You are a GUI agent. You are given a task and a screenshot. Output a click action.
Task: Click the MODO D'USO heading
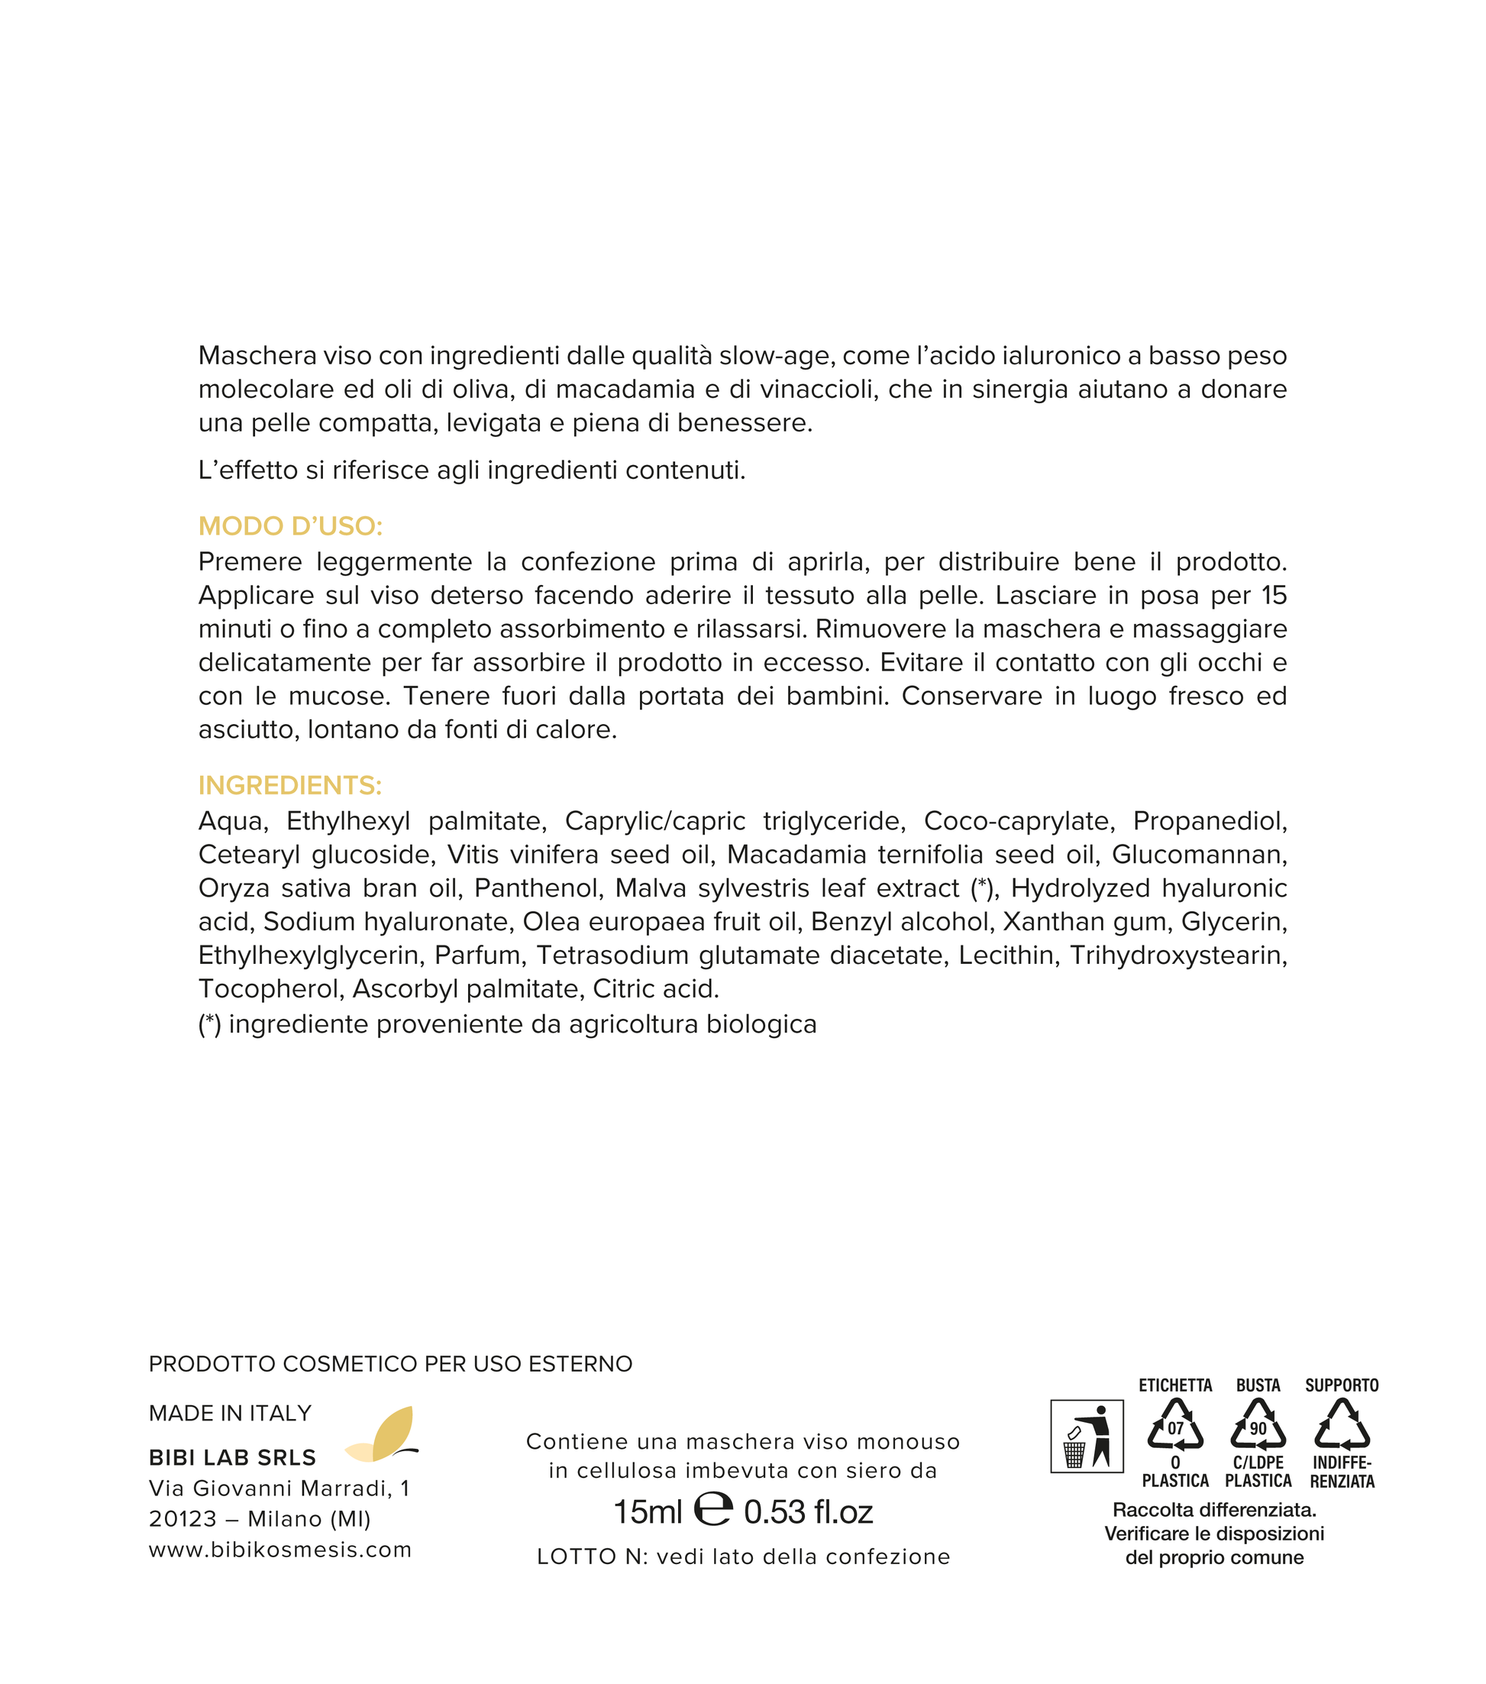[x=290, y=525]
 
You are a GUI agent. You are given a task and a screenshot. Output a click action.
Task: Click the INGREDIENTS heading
[x=290, y=785]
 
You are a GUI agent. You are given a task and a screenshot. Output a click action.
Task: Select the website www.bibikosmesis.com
[x=280, y=1550]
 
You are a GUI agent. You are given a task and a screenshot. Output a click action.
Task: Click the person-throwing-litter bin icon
[x=1087, y=1436]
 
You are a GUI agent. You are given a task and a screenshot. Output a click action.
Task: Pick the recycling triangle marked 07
[x=1175, y=1426]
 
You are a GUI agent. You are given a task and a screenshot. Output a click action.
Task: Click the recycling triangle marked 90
[x=1258, y=1426]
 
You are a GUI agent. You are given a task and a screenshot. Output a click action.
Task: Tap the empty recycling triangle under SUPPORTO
[x=1342, y=1426]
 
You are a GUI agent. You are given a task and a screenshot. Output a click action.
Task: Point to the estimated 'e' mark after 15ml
[x=712, y=1510]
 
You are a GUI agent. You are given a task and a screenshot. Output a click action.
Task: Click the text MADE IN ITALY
[x=230, y=1414]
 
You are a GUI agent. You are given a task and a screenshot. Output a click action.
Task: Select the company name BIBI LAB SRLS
[x=232, y=1458]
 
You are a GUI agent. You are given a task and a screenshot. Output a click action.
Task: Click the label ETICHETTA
[x=1175, y=1385]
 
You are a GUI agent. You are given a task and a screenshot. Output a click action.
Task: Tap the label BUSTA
[x=1258, y=1385]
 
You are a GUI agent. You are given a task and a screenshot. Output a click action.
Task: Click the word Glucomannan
[x=1200, y=855]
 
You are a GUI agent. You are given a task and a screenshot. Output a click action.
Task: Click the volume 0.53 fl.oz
[x=808, y=1512]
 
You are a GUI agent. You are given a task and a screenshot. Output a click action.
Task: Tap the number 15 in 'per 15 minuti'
[x=1274, y=595]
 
